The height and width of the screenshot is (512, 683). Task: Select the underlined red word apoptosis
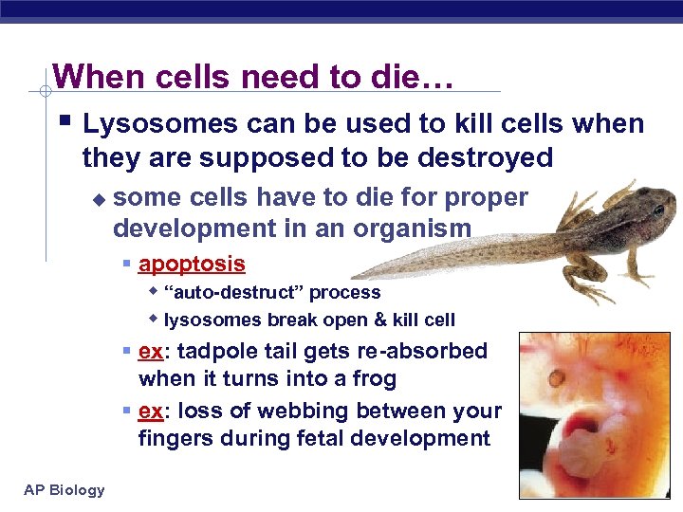pyautogui.click(x=192, y=264)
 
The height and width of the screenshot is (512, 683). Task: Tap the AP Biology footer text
pyautogui.click(x=65, y=489)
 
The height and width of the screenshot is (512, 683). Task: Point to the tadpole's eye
pyautogui.click(x=657, y=209)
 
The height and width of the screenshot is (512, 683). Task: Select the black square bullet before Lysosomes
pyautogui.click(x=64, y=122)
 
